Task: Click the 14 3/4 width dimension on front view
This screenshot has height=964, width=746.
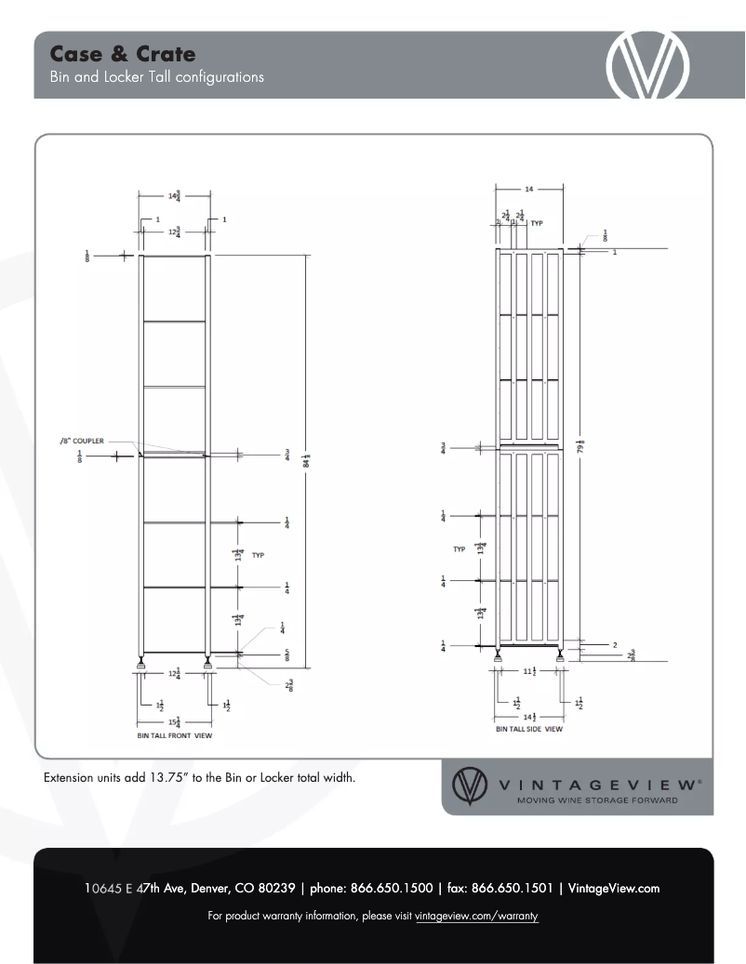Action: (174, 195)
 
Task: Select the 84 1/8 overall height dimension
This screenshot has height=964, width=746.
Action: (307, 459)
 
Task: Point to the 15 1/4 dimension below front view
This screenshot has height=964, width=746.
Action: (174, 721)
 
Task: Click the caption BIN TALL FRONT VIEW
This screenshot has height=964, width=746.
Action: (175, 735)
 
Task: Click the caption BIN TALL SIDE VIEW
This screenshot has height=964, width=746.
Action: (528, 730)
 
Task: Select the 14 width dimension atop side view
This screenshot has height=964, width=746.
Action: (529, 189)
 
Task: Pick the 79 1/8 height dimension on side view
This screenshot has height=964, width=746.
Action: (579, 447)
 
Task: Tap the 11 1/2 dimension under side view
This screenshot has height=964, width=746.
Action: (529, 671)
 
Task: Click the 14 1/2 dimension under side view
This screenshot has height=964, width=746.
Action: (529, 716)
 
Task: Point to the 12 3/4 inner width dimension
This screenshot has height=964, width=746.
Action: (174, 232)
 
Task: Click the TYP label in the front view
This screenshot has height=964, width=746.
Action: (258, 555)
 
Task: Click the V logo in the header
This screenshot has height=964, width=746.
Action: (647, 66)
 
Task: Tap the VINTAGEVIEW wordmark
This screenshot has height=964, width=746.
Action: (601, 784)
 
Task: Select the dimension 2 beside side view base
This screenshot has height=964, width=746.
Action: (615, 644)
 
